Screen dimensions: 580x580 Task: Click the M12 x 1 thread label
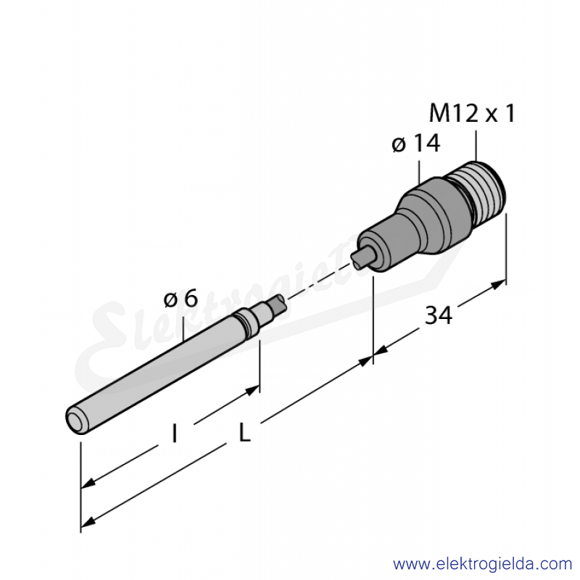tap(472, 113)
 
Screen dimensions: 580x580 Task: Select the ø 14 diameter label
tap(416, 143)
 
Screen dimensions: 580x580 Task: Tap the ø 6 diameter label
tap(181, 299)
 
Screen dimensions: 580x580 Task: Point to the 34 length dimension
tap(439, 315)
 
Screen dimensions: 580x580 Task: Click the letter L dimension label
tap(245, 432)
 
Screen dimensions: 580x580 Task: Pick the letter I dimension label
tap(174, 433)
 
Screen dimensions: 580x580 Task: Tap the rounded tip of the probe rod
tap(76, 420)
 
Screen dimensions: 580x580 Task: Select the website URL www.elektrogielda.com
tap(482, 565)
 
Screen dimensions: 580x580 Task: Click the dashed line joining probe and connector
tap(320, 281)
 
